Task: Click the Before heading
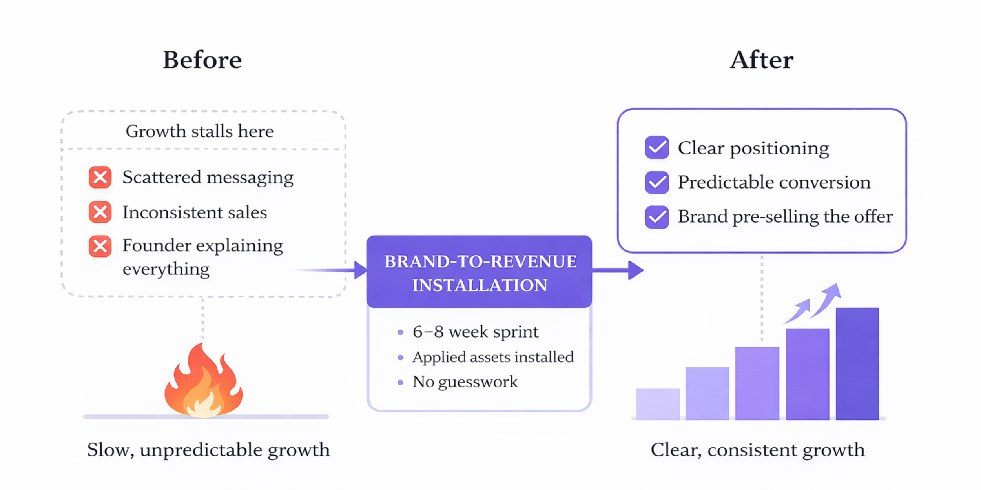click(x=202, y=60)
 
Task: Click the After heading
click(x=762, y=60)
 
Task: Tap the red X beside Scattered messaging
click(x=100, y=178)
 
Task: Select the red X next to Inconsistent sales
click(x=100, y=212)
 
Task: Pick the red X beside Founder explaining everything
click(x=100, y=246)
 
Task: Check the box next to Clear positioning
click(x=657, y=147)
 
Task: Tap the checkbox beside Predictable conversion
click(x=657, y=182)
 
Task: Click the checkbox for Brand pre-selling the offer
click(x=657, y=217)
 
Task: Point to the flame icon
click(x=203, y=382)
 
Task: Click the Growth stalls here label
click(x=199, y=131)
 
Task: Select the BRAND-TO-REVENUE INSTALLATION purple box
click(x=479, y=272)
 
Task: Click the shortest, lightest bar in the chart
click(x=658, y=404)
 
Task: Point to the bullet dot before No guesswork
click(x=400, y=382)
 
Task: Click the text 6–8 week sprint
click(x=475, y=332)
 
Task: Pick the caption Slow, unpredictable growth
click(x=208, y=450)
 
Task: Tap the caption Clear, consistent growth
click(x=758, y=450)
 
